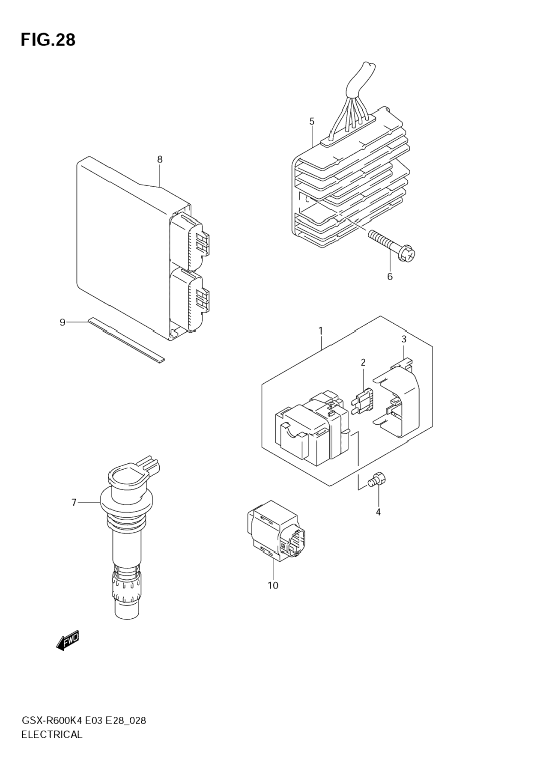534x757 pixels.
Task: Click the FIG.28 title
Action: [x=48, y=40]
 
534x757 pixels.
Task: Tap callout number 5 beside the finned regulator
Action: [x=312, y=122]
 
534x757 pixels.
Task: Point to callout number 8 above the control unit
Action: [x=160, y=160]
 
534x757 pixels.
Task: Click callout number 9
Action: [x=63, y=322]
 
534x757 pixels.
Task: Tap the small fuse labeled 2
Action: [x=363, y=400]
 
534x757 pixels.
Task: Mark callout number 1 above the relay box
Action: [x=320, y=331]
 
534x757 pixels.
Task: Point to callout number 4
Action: [x=378, y=512]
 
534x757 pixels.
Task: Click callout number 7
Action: [x=74, y=502]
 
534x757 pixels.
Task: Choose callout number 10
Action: [x=273, y=585]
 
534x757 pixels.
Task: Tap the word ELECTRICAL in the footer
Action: [x=52, y=735]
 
